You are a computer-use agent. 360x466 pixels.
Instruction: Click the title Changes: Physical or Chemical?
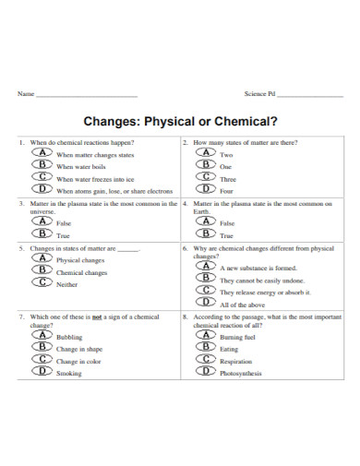click(180, 120)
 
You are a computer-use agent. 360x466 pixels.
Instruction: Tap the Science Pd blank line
click(309, 96)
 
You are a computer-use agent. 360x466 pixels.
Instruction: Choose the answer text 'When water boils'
click(81, 166)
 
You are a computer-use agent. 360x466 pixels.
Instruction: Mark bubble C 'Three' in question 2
click(206, 177)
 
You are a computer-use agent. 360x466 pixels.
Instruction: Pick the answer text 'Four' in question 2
click(227, 191)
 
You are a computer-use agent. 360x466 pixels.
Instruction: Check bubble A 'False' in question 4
click(206, 221)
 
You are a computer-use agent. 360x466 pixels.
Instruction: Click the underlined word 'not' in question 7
click(96, 317)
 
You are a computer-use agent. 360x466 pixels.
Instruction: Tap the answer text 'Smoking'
click(69, 373)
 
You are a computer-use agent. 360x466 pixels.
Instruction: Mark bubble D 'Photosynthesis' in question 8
click(206, 372)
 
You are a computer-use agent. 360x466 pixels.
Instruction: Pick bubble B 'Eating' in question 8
click(206, 348)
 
